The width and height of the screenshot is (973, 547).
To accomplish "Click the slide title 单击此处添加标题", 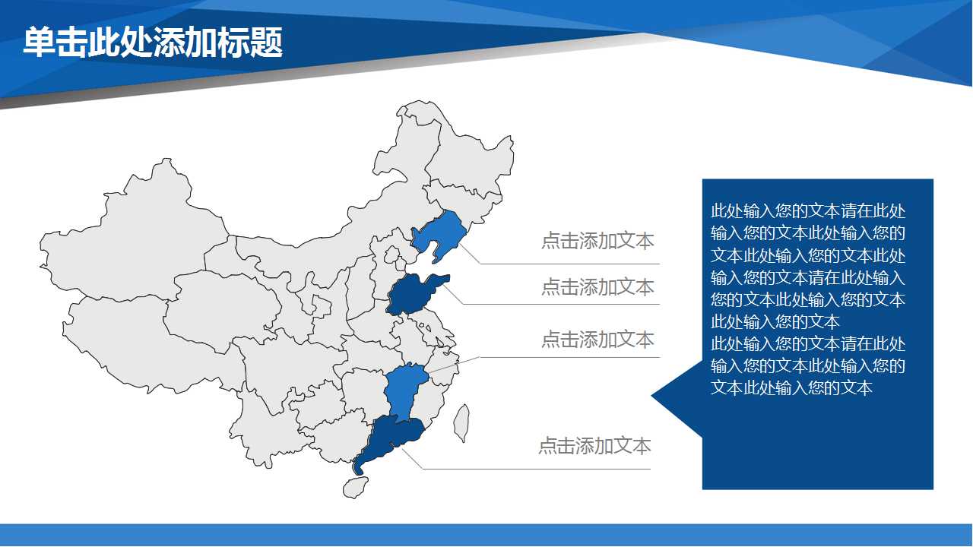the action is tap(153, 42).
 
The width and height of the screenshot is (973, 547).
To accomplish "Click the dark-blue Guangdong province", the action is tap(391, 438).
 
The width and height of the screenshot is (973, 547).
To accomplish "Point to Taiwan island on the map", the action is tap(461, 423).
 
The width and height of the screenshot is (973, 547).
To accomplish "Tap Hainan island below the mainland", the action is tap(355, 487).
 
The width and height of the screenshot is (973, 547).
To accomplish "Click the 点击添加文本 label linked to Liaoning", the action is tap(597, 241).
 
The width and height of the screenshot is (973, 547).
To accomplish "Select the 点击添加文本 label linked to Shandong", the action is tap(597, 287).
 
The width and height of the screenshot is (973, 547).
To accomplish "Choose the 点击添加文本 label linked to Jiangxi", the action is tap(597, 340).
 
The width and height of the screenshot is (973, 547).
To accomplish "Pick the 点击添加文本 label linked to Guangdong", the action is tap(594, 446).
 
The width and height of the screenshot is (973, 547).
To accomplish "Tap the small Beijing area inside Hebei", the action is tap(392, 254).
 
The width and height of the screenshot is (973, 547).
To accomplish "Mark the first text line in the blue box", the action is tap(808, 211).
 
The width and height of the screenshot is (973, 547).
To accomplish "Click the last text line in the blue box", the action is tap(791, 387).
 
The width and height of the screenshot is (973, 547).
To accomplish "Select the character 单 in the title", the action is tap(39, 42).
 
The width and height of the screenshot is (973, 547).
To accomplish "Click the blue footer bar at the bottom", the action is tap(486, 535).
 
